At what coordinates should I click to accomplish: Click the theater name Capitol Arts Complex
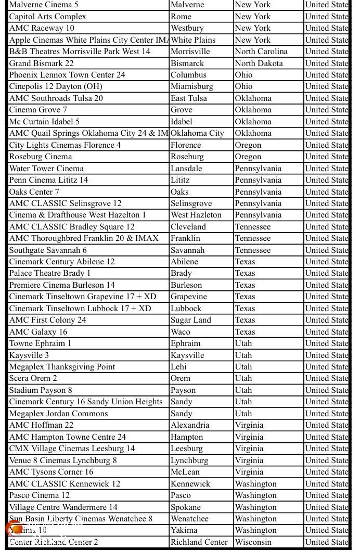(48, 16)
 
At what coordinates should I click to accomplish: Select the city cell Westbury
(187, 28)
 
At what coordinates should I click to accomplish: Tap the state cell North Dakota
(259, 63)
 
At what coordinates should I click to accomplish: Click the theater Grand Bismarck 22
(42, 63)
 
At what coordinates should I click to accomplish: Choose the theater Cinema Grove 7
(38, 110)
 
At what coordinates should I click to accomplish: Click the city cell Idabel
(182, 121)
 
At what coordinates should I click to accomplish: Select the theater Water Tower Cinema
(46, 168)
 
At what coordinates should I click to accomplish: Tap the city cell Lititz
(180, 180)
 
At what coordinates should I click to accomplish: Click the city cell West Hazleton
(196, 215)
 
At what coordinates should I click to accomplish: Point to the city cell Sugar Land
(191, 320)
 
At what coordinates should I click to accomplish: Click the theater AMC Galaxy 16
(38, 331)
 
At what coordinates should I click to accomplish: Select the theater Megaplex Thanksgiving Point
(62, 367)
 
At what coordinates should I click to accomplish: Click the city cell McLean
(185, 472)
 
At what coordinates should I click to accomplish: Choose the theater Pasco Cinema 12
(40, 495)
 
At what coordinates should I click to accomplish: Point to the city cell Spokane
(186, 507)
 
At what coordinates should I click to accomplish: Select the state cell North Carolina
(261, 52)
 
